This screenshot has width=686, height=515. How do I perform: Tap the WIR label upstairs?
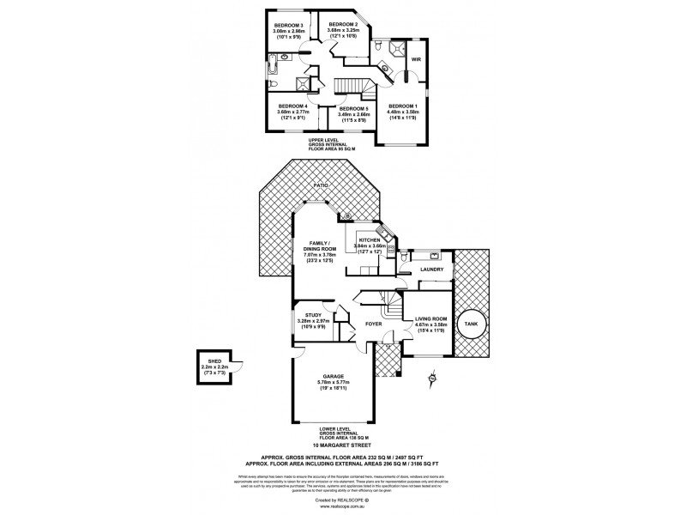pos(416,60)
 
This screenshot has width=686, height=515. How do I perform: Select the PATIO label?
pos(321,185)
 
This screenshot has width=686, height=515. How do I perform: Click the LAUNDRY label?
pos(432,270)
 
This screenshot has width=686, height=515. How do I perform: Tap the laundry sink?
pos(436,256)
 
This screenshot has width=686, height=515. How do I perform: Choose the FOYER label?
pos(373,324)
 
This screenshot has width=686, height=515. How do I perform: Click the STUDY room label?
pos(308,315)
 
